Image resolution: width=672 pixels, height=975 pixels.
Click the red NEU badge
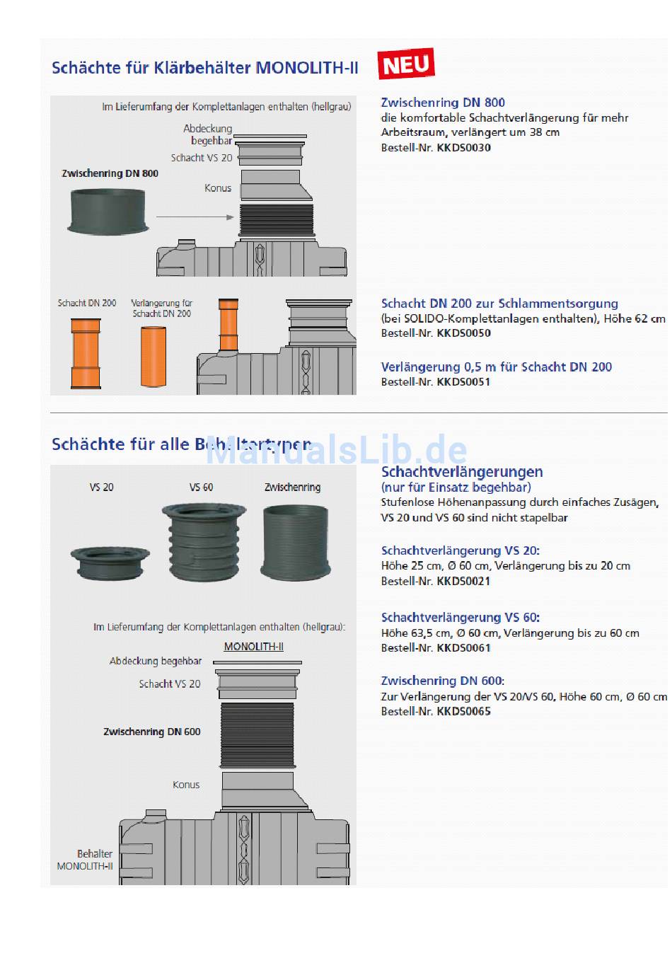(406, 64)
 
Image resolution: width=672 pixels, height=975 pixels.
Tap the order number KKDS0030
(463, 148)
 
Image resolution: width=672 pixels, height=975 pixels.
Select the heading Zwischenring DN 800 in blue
(443, 103)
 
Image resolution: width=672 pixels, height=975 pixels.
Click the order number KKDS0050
(463, 333)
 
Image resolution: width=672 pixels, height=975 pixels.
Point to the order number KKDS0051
(463, 382)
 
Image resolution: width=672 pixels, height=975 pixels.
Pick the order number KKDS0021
(463, 582)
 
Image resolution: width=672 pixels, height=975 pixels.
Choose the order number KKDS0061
(463, 648)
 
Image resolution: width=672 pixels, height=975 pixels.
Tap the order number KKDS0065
(463, 712)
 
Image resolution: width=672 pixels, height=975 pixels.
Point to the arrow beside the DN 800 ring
(195, 217)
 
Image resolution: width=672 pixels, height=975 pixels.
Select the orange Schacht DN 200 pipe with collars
(86, 353)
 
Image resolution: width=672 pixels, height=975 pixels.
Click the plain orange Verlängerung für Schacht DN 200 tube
(153, 356)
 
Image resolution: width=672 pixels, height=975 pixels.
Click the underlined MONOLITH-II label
(253, 647)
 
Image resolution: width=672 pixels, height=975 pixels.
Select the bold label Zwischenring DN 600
(152, 732)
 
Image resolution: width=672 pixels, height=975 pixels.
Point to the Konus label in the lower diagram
(186, 785)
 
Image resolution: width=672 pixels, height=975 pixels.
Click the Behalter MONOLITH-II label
(86, 860)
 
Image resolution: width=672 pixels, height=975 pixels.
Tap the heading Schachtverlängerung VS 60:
(460, 618)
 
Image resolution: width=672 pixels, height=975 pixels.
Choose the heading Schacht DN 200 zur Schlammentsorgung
(499, 304)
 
